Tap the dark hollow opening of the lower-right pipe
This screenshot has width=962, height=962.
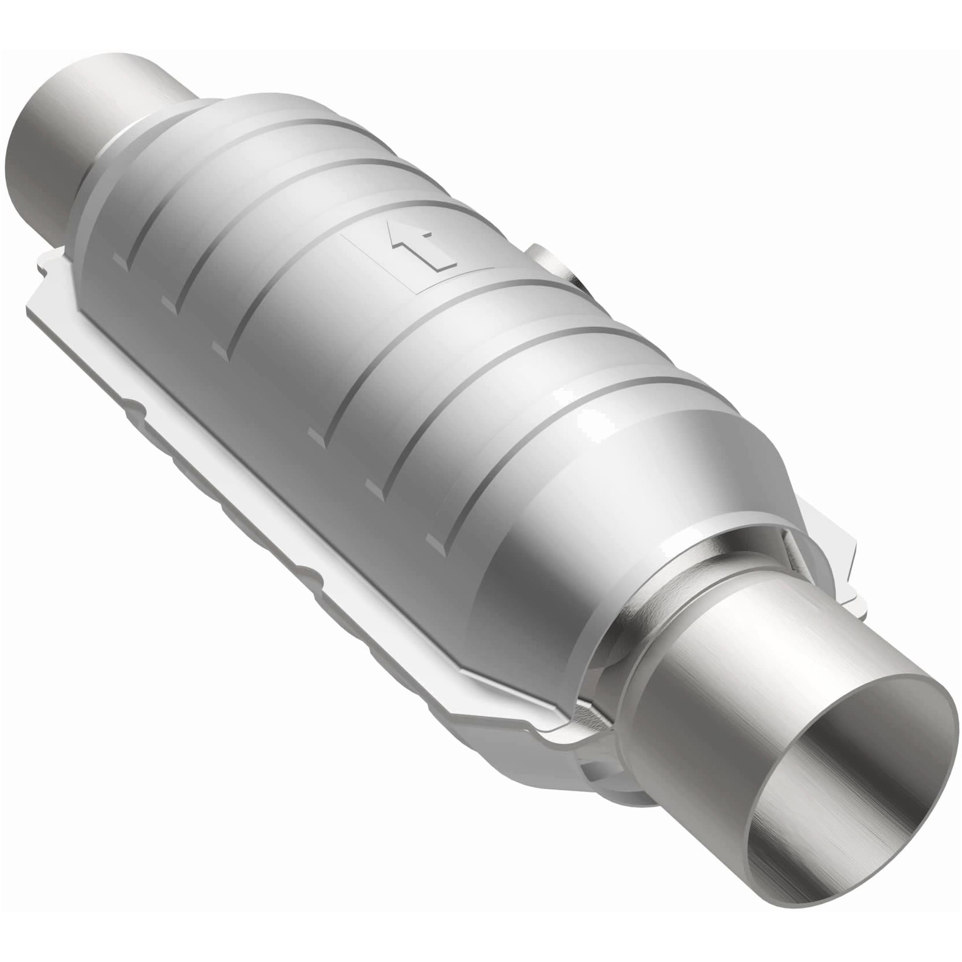(857, 777)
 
